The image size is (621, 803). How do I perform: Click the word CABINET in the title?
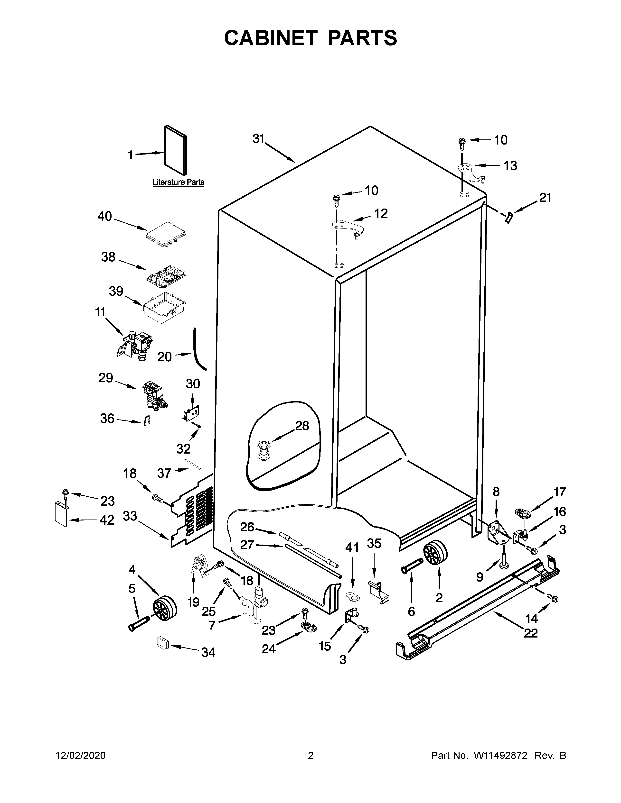click(270, 38)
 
